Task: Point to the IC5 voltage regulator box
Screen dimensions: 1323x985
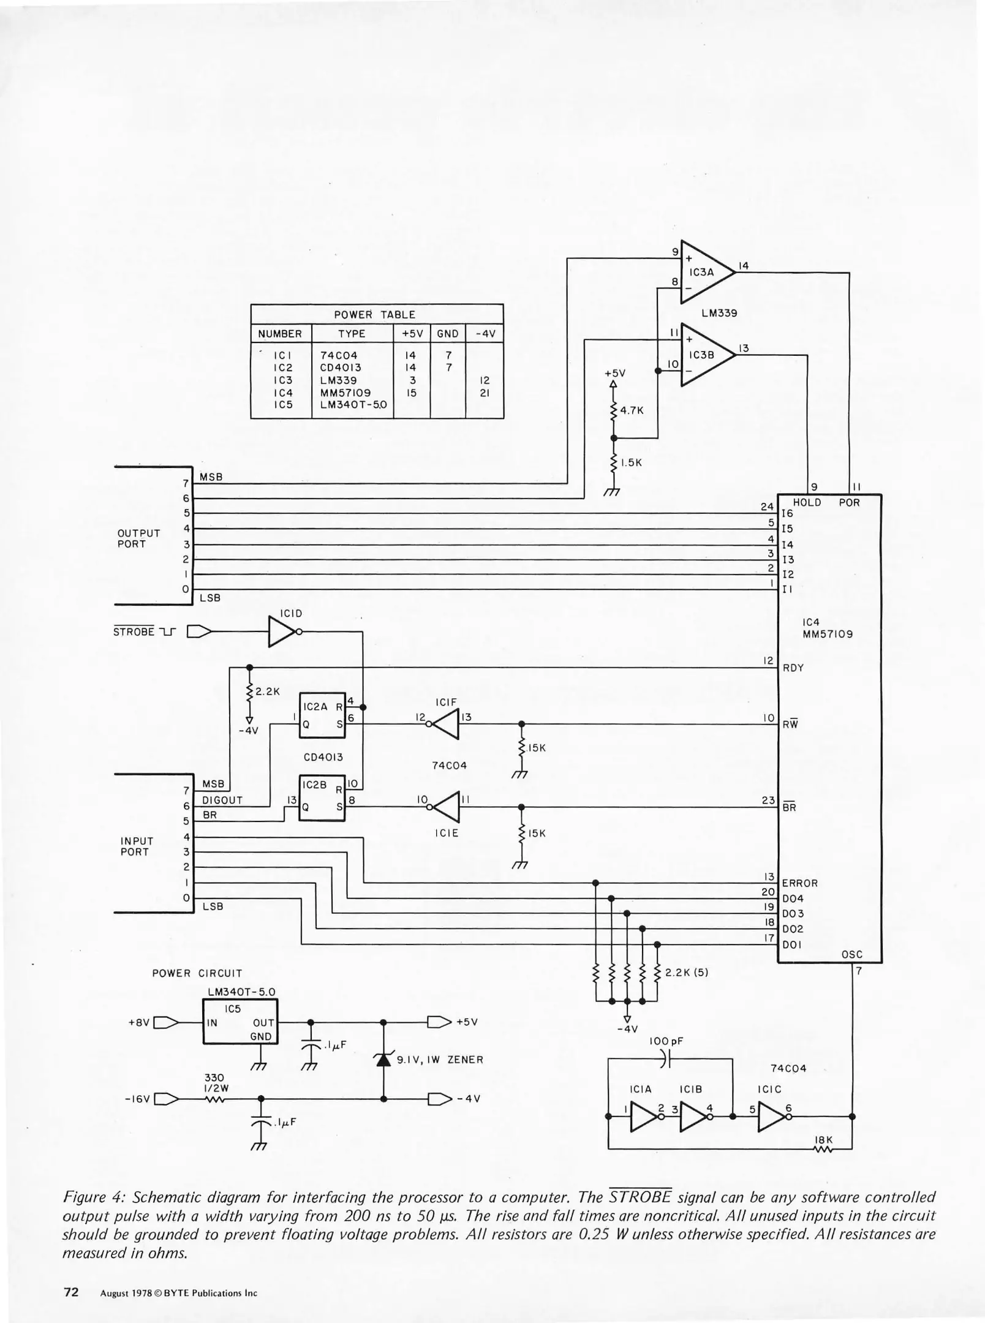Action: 240,1021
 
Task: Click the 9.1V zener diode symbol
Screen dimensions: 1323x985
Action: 383,1059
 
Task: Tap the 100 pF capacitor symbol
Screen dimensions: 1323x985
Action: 666,1058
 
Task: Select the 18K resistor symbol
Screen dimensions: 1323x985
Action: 823,1150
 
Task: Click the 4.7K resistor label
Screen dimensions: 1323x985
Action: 632,410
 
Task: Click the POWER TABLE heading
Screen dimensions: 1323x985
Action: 374,314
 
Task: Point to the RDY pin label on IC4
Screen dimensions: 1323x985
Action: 793,668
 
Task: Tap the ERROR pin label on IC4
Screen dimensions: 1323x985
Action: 799,883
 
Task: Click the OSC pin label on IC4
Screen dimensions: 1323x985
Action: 851,954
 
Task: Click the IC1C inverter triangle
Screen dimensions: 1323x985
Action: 772,1116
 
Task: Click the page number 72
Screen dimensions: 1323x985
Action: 71,1292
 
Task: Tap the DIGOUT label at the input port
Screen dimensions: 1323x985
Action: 222,800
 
